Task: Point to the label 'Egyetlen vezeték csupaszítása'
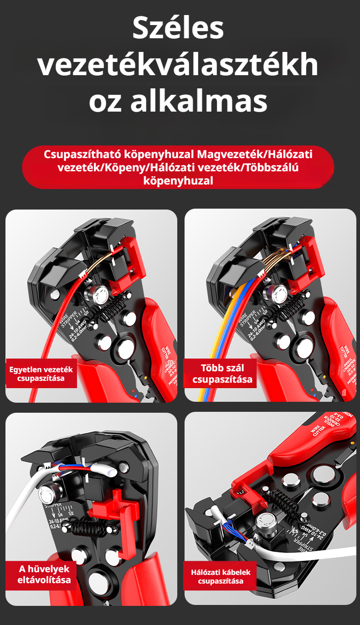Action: click(x=41, y=373)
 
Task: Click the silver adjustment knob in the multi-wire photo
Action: click(x=278, y=294)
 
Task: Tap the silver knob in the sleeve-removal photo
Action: click(x=48, y=492)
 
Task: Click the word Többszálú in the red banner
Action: click(x=271, y=168)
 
